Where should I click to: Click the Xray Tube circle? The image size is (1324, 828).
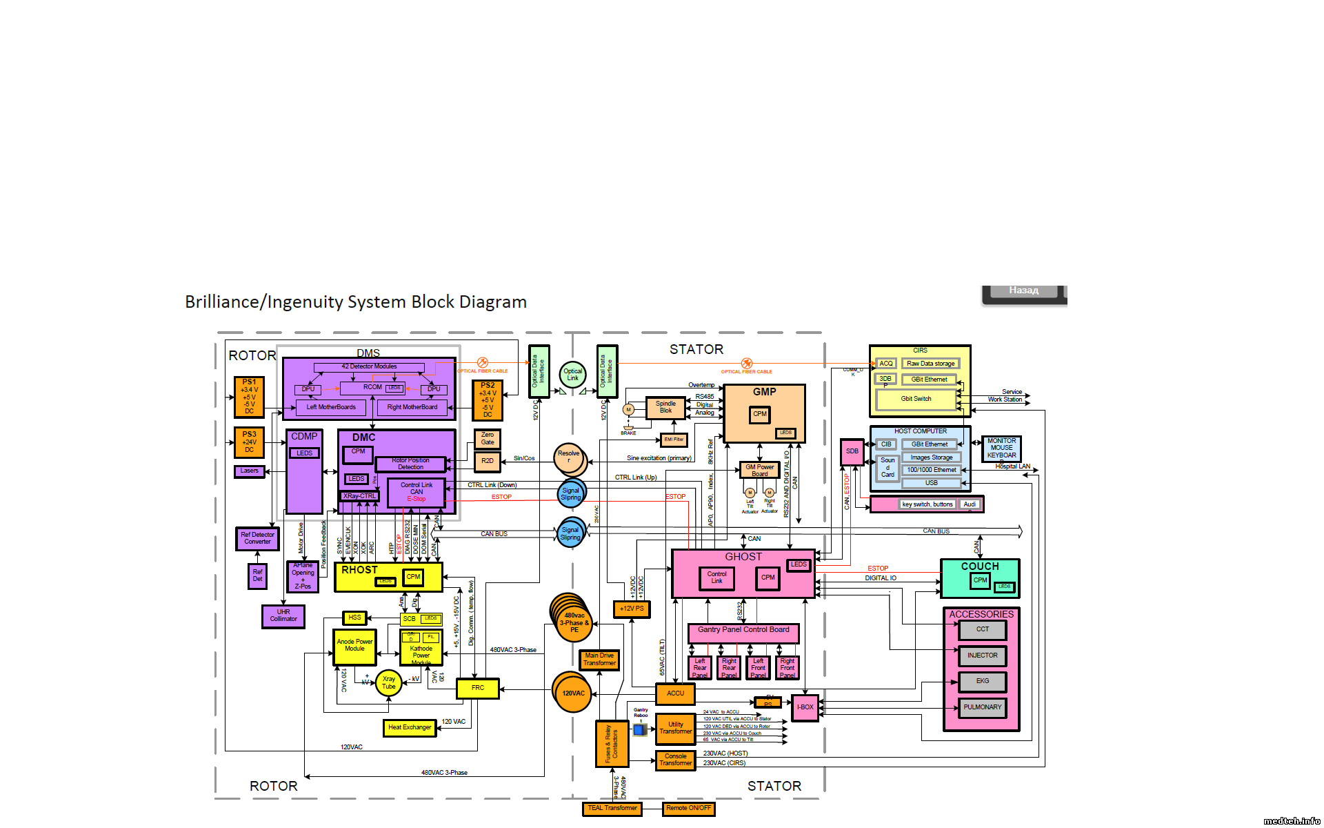tap(389, 682)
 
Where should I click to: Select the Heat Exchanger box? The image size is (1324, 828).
tap(410, 727)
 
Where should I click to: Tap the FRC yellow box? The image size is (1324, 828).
tap(477, 688)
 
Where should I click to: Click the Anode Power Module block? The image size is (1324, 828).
tap(354, 646)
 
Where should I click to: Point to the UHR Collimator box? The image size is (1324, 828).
tap(283, 615)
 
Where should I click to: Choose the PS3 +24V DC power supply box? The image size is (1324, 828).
tap(249, 442)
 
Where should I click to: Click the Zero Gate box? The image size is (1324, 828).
tap(488, 439)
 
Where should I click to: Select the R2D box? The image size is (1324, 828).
tap(488, 461)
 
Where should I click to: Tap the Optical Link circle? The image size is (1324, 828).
tap(572, 375)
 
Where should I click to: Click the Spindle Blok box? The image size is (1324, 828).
tap(665, 408)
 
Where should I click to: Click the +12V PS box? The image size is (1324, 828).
tap(632, 609)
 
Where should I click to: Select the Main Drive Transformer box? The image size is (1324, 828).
tap(599, 660)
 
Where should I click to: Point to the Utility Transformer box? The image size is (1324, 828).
tap(675, 729)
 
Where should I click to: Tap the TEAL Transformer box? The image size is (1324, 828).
tap(612, 808)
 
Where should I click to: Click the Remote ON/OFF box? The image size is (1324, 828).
tap(688, 808)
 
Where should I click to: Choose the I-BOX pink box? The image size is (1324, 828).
tap(805, 707)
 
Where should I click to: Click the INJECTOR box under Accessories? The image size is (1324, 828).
tap(982, 655)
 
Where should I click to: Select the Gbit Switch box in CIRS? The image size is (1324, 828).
tap(916, 399)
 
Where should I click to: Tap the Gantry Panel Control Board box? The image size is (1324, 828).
tap(743, 630)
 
